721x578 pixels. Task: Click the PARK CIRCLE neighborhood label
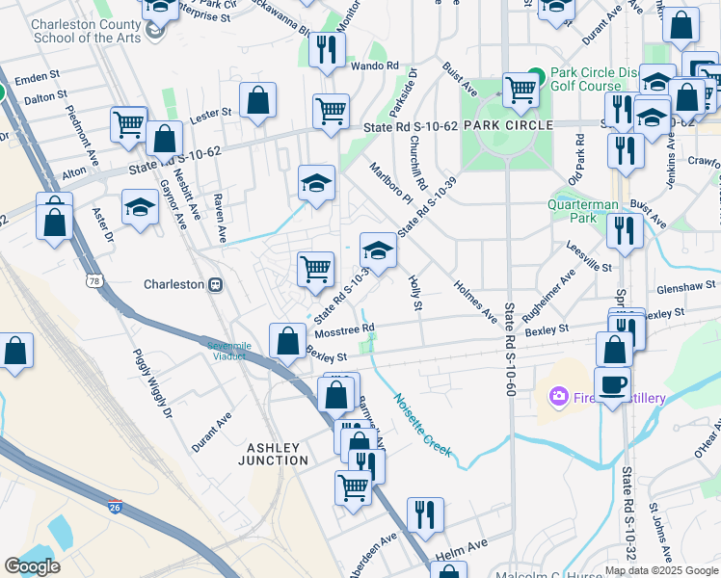507,125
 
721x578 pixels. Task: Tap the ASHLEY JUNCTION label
277,454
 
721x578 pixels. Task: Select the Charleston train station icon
217,284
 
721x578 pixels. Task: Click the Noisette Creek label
421,422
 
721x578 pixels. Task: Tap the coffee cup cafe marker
612,385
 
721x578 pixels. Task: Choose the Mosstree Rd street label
344,329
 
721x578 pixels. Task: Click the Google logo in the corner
33,566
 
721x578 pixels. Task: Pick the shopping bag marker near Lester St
257,100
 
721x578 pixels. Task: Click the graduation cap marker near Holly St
379,250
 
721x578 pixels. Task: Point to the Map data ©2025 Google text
660,570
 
